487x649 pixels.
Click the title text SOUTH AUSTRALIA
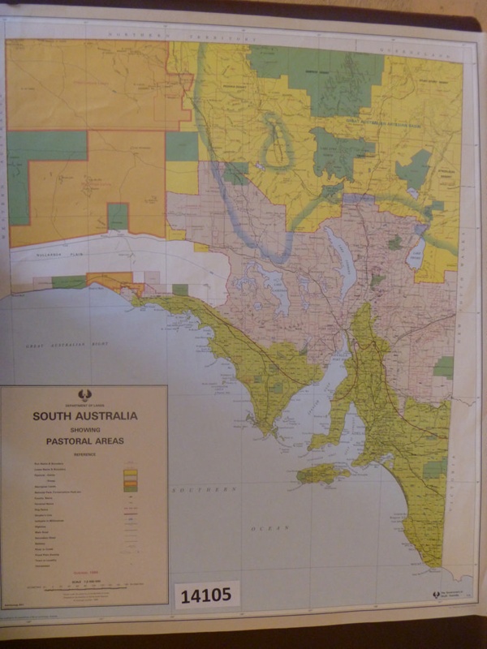[84, 416]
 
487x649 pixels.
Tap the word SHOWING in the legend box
[84, 430]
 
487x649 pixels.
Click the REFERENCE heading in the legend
[84, 454]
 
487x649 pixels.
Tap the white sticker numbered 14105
[207, 595]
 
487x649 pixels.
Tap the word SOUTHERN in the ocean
[200, 491]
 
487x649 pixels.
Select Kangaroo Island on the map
[322, 473]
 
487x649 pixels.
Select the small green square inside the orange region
[118, 216]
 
